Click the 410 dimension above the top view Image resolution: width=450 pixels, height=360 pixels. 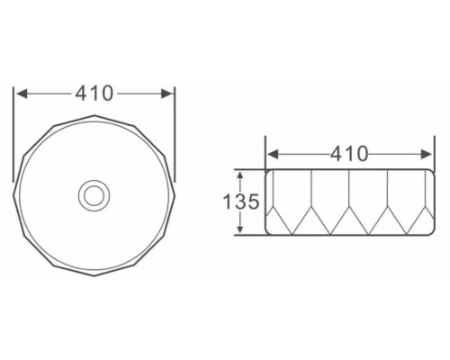94,94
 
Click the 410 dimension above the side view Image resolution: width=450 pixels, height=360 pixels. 349,154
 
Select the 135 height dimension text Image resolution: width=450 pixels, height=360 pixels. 241,202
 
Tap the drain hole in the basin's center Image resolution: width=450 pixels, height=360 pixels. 94,195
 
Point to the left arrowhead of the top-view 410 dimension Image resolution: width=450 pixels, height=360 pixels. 22,94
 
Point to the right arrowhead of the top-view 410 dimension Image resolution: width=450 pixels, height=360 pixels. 166,94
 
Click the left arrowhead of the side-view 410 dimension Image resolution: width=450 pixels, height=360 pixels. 273,155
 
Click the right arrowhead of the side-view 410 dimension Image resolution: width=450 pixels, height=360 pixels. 427,155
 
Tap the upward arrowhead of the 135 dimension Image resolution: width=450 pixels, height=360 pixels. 239,176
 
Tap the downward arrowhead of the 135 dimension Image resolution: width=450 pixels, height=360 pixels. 239,228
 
